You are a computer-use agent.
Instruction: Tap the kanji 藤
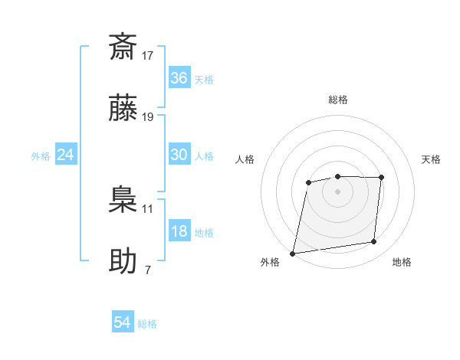(123, 108)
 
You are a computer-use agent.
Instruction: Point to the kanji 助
(123, 261)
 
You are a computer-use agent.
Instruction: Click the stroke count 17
(148, 55)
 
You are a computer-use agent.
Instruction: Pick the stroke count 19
(148, 117)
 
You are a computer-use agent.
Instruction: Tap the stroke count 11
(148, 208)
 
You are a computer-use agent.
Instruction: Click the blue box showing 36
(179, 78)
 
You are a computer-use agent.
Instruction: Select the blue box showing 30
(179, 155)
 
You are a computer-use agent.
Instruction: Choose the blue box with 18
(179, 231)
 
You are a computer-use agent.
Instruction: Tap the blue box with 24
(65, 155)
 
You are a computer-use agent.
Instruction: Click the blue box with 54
(123, 323)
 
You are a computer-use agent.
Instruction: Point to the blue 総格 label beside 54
(147, 324)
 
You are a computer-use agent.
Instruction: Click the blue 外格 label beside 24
(41, 156)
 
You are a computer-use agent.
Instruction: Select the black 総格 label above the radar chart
(337, 100)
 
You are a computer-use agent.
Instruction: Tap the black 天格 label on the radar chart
(432, 159)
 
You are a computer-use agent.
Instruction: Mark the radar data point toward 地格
(374, 242)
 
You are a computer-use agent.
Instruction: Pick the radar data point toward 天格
(381, 178)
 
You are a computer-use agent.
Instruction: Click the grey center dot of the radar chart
(337, 191)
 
